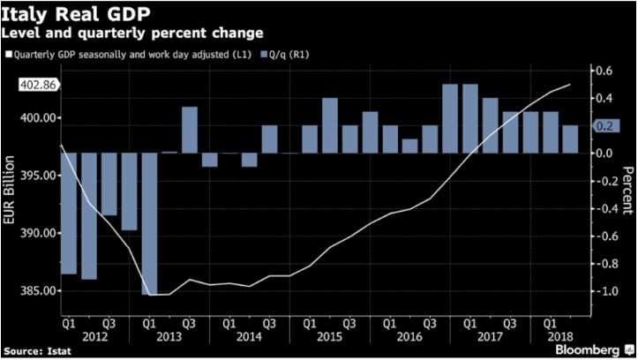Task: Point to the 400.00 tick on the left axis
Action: (34, 118)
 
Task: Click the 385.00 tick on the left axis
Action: (34, 291)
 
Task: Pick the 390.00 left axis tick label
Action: (34, 233)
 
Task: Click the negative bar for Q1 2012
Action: (69, 213)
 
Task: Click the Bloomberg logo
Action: (594, 349)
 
